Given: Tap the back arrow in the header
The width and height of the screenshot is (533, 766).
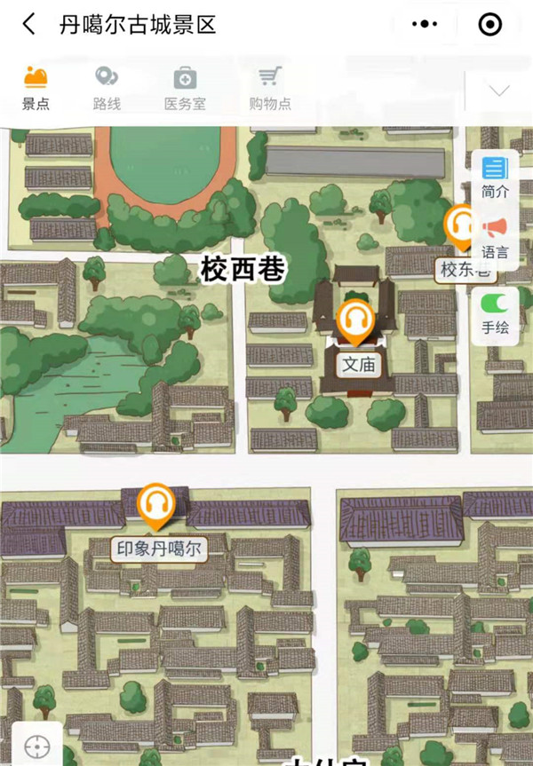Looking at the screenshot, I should click(29, 25).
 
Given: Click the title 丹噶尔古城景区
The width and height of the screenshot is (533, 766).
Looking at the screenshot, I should click(138, 25).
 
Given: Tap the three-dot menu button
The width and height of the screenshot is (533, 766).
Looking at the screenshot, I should click(427, 25).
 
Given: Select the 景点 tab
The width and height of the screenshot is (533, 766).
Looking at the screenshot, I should click(36, 88).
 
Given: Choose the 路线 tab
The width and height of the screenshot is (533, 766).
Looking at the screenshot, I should click(107, 88).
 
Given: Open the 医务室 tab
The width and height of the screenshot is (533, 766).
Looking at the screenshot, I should click(185, 88).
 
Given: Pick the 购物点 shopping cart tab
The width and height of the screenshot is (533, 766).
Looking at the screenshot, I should click(269, 88).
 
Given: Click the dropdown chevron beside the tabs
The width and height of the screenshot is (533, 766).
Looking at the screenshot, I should click(499, 91).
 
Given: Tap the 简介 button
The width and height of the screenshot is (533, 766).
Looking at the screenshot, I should click(495, 177).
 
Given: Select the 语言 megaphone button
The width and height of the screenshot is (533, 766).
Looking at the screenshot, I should click(495, 238).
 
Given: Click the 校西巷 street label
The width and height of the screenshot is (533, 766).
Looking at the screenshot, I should click(243, 269).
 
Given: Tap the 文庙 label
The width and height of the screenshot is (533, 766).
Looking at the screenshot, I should click(359, 364).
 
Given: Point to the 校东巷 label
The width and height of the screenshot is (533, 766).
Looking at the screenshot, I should click(465, 270).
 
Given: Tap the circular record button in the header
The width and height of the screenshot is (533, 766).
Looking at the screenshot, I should click(490, 25).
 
